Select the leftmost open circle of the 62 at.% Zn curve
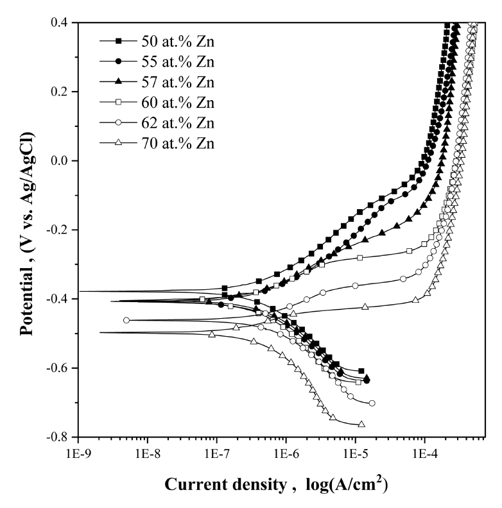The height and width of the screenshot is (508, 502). pos(126,320)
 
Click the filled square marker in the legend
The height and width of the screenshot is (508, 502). pos(119,42)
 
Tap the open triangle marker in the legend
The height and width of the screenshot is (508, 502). pos(119,142)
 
